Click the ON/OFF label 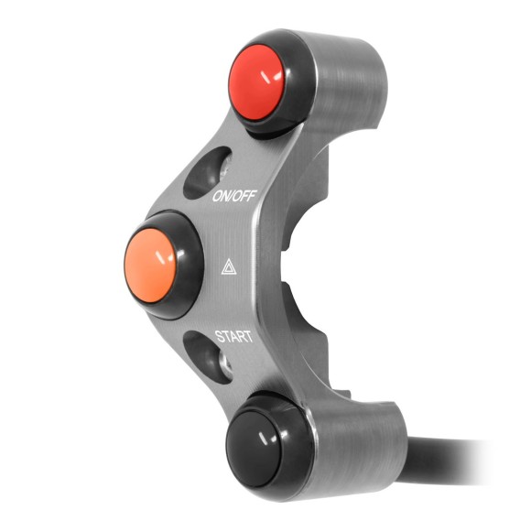[233, 196]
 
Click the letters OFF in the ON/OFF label [243, 196]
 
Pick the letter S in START [218, 336]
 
